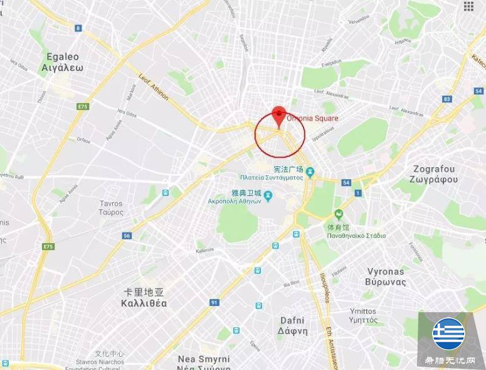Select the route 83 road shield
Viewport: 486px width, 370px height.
click(x=447, y=99)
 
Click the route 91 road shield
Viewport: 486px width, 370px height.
click(x=214, y=303)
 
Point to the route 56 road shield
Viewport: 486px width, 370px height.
click(x=127, y=236)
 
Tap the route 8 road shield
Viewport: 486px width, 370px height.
click(x=78, y=28)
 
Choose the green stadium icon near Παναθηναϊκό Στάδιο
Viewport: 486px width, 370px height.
click(x=339, y=214)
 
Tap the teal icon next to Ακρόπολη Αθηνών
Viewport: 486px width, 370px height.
click(x=268, y=197)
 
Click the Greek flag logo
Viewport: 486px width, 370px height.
click(x=448, y=334)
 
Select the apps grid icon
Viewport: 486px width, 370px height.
click(x=468, y=6)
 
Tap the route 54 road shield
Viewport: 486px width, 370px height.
click(x=346, y=183)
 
